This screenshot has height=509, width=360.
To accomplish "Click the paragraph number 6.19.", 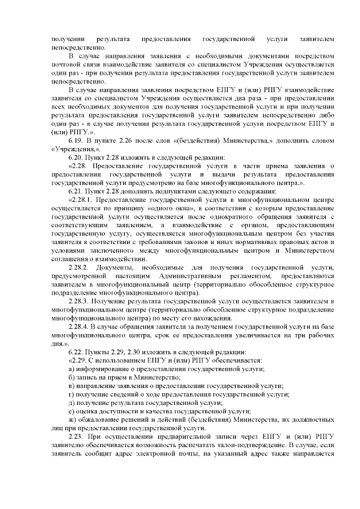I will (x=76, y=139).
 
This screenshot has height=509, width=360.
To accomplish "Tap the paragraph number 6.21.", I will (x=76, y=190).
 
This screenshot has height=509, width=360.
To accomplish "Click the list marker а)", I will (x=70, y=368).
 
